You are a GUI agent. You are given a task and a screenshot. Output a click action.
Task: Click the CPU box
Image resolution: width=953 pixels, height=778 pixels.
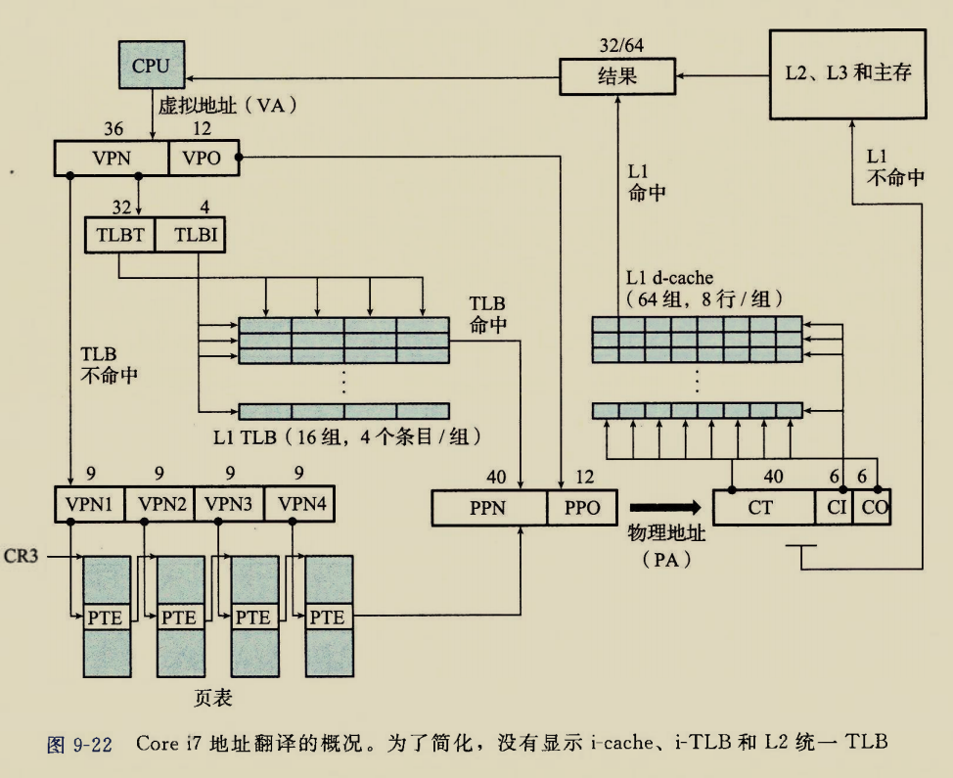click(x=151, y=67)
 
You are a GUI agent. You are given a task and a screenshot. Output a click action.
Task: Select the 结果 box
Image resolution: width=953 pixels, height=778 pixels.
click(x=616, y=76)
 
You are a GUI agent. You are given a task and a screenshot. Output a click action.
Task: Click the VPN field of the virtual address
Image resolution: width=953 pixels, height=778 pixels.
click(x=111, y=159)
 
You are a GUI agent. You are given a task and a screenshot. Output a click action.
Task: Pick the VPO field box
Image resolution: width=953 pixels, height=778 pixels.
click(x=203, y=159)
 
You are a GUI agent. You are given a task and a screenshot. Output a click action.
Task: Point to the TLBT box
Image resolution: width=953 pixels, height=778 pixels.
click(x=119, y=235)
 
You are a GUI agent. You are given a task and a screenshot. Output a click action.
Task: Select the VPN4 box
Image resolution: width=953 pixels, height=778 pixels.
click(x=300, y=505)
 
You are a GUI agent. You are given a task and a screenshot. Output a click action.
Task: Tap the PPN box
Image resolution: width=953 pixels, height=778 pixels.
click(x=489, y=508)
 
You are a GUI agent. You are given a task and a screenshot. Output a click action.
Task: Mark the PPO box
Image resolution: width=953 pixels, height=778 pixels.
click(x=582, y=508)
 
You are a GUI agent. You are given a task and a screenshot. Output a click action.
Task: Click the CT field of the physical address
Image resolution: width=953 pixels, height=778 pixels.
click(x=763, y=507)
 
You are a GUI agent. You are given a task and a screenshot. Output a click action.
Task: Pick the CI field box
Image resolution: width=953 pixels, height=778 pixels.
click(x=834, y=507)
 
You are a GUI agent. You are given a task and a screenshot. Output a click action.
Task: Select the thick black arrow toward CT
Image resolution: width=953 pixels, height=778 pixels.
click(x=665, y=507)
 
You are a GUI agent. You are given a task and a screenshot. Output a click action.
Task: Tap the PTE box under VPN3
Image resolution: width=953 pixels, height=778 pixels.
click(x=252, y=618)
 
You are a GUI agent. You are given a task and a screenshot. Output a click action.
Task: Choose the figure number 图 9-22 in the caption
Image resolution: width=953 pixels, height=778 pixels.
click(x=79, y=744)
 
